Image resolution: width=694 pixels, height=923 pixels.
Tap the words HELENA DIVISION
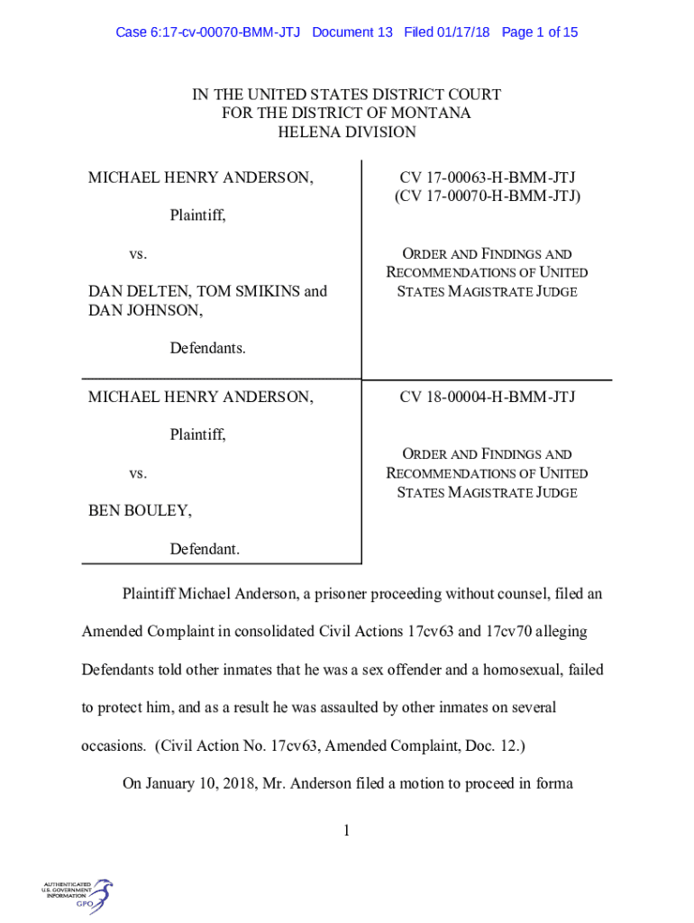point(346,133)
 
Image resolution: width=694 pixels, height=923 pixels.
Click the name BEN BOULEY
point(139,511)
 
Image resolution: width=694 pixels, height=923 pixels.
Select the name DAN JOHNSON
point(144,310)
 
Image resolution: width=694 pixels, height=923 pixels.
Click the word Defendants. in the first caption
point(207,349)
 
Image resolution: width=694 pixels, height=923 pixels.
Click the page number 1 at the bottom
point(346,830)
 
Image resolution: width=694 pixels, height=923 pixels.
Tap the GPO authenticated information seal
point(78,896)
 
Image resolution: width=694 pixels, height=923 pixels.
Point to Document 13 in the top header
point(352,32)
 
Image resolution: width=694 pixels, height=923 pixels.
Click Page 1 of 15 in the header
point(540,32)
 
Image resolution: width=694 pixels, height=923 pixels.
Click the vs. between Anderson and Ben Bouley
point(137,473)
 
